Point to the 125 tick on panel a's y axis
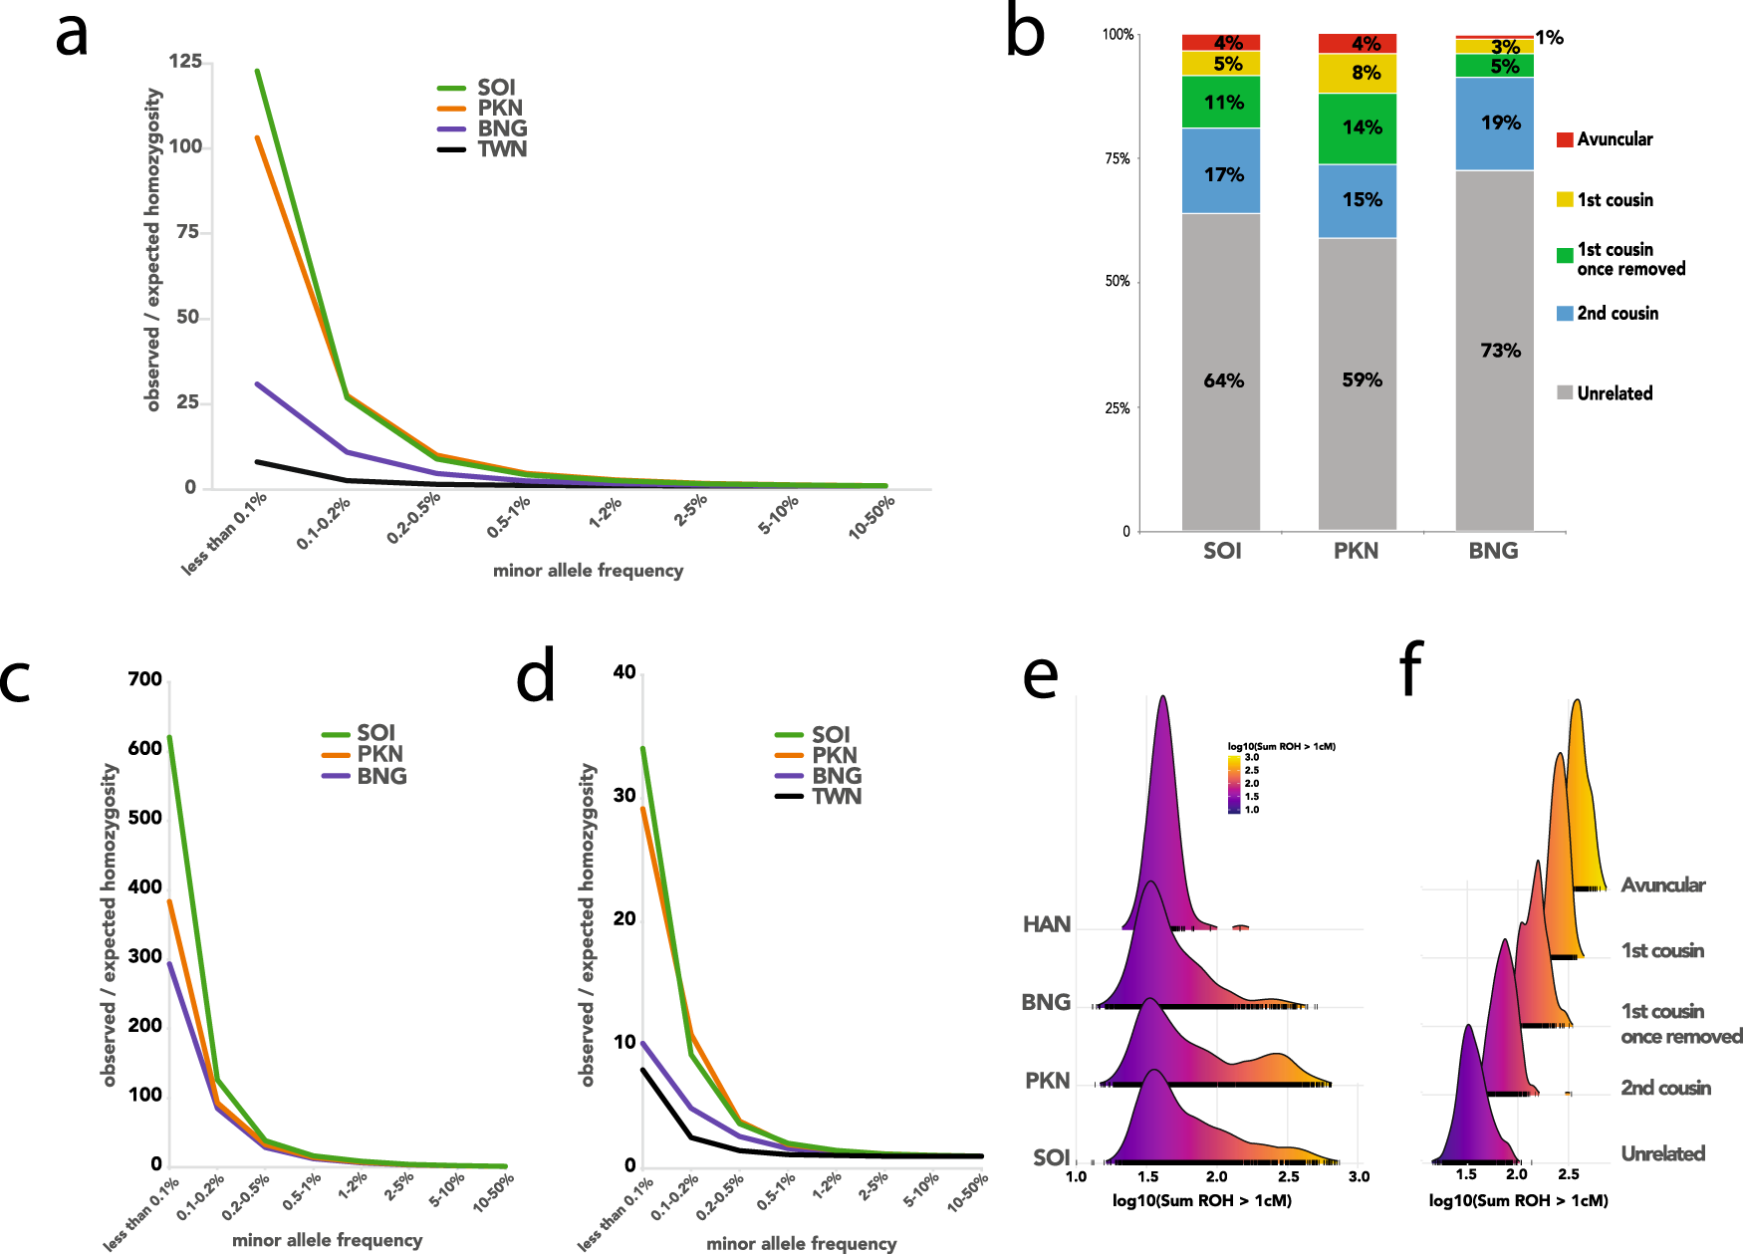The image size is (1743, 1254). tap(185, 62)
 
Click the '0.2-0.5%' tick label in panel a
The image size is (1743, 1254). tap(414, 519)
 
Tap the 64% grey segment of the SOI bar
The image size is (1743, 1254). tap(1221, 380)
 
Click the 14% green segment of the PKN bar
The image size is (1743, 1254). tap(1358, 127)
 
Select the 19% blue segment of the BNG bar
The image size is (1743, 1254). tap(1495, 124)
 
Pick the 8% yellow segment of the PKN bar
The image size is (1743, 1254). tap(1358, 73)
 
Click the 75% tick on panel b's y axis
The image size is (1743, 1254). tap(1119, 158)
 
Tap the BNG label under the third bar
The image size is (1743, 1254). tap(1493, 551)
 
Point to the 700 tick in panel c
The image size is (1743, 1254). tap(145, 679)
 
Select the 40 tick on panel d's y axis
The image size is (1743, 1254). tap(624, 672)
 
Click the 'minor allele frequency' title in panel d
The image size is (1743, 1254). tap(801, 1243)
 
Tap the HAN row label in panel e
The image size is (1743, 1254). tap(1047, 924)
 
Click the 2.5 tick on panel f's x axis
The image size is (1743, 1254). tap(1568, 1174)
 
